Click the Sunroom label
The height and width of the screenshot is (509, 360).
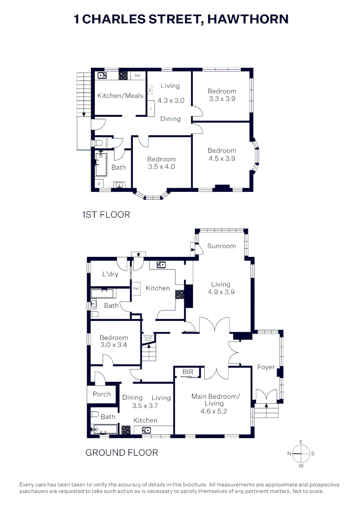(221, 246)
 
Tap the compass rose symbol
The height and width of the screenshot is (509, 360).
(301, 454)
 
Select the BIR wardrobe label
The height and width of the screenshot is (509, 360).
(188, 372)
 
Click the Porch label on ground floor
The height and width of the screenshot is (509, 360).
(102, 394)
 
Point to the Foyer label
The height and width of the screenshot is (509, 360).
(266, 367)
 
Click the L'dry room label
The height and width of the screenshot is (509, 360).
(110, 274)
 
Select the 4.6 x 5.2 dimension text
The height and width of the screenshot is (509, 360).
(215, 411)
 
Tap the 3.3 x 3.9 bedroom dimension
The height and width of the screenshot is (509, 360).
(222, 99)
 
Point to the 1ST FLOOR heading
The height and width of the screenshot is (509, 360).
(106, 215)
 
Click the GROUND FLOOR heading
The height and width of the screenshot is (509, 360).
(122, 452)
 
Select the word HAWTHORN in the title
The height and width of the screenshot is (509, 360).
(248, 19)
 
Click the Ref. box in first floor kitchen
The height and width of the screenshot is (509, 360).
(138, 75)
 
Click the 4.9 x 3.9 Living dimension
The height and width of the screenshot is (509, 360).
(221, 292)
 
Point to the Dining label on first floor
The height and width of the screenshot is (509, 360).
(170, 119)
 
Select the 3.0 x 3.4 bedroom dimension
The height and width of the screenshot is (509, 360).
(114, 345)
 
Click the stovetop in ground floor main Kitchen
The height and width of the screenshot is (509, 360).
(180, 295)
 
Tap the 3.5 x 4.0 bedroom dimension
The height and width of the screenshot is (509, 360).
(161, 167)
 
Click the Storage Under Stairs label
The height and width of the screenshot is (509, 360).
(148, 337)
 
